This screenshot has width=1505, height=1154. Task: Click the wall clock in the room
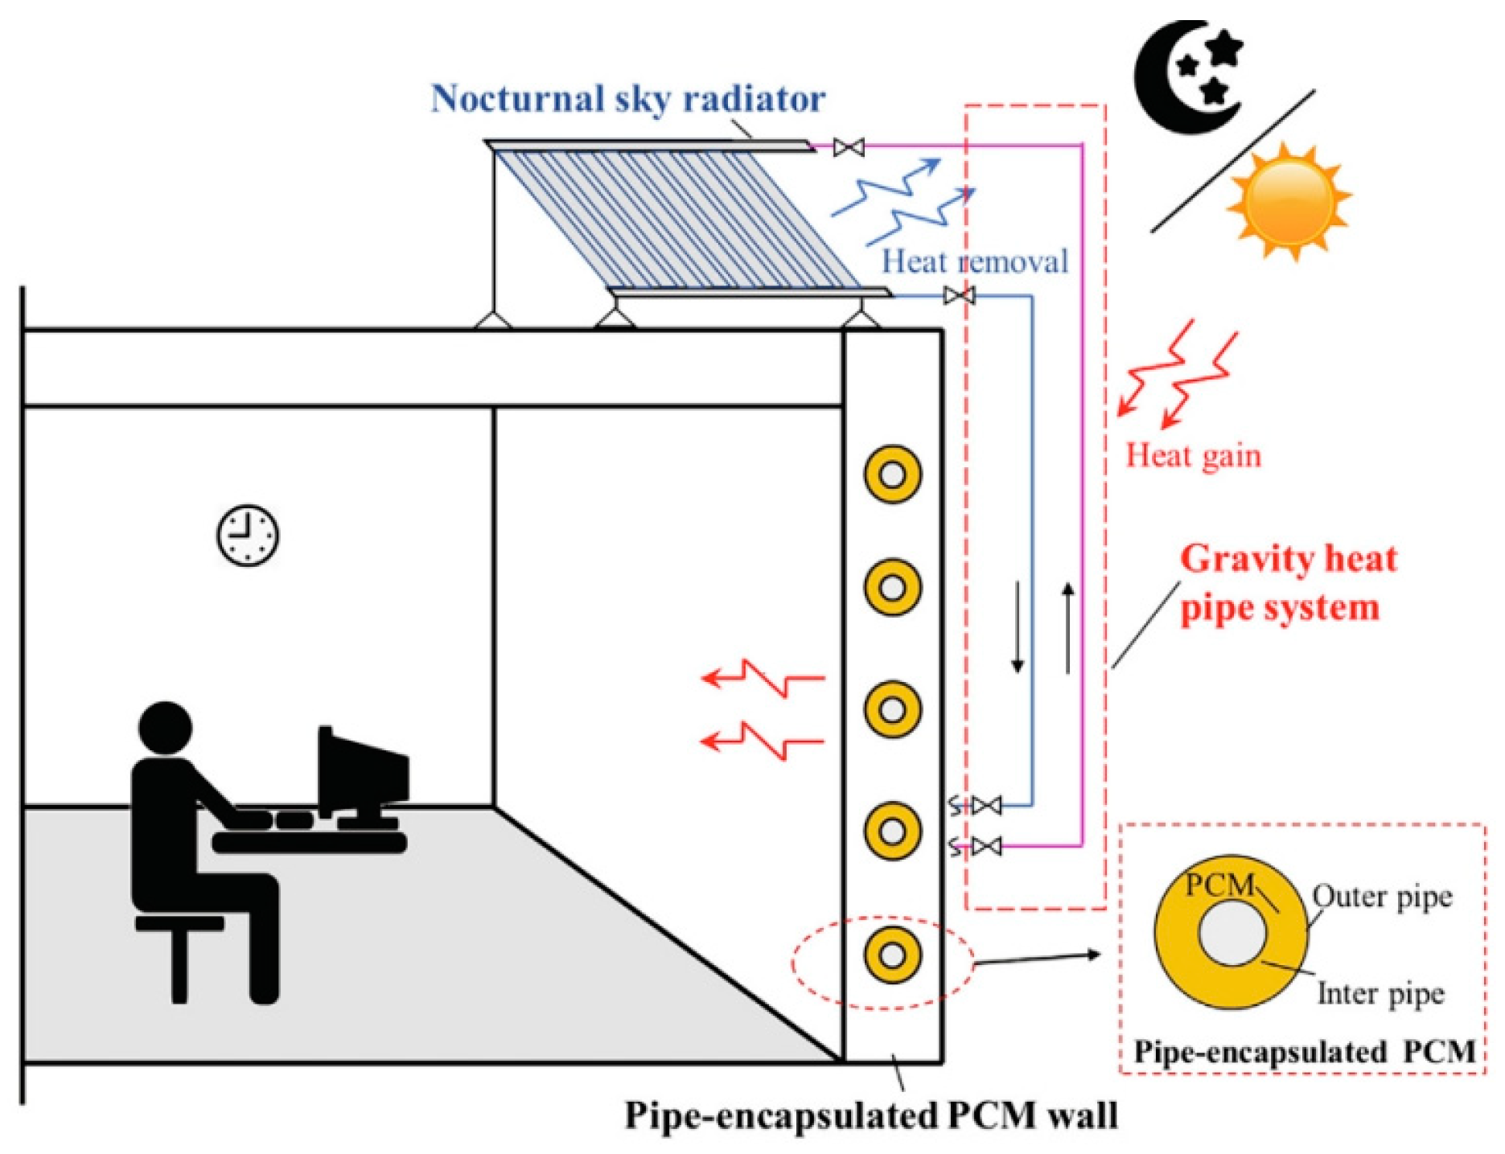tap(248, 536)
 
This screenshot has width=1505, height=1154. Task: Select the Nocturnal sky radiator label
tap(627, 99)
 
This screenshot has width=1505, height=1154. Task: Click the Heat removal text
tap(975, 261)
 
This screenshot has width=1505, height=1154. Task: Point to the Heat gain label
tap(1193, 456)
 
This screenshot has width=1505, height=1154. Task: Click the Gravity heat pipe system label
tap(1287, 583)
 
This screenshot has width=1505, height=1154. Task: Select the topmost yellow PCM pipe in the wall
tap(893, 474)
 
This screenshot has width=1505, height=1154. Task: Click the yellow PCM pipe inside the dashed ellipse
tap(893, 955)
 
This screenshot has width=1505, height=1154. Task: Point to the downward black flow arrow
tap(1018, 627)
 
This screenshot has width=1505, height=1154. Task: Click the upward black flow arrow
tap(1068, 627)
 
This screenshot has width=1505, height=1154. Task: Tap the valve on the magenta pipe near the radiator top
tap(849, 147)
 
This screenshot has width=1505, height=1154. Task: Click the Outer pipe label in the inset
tap(1382, 896)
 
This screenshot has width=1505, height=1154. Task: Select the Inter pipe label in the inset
tap(1380, 994)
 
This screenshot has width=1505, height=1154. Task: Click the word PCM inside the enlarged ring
tap(1219, 885)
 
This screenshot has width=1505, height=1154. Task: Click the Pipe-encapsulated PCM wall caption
tap(871, 1116)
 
